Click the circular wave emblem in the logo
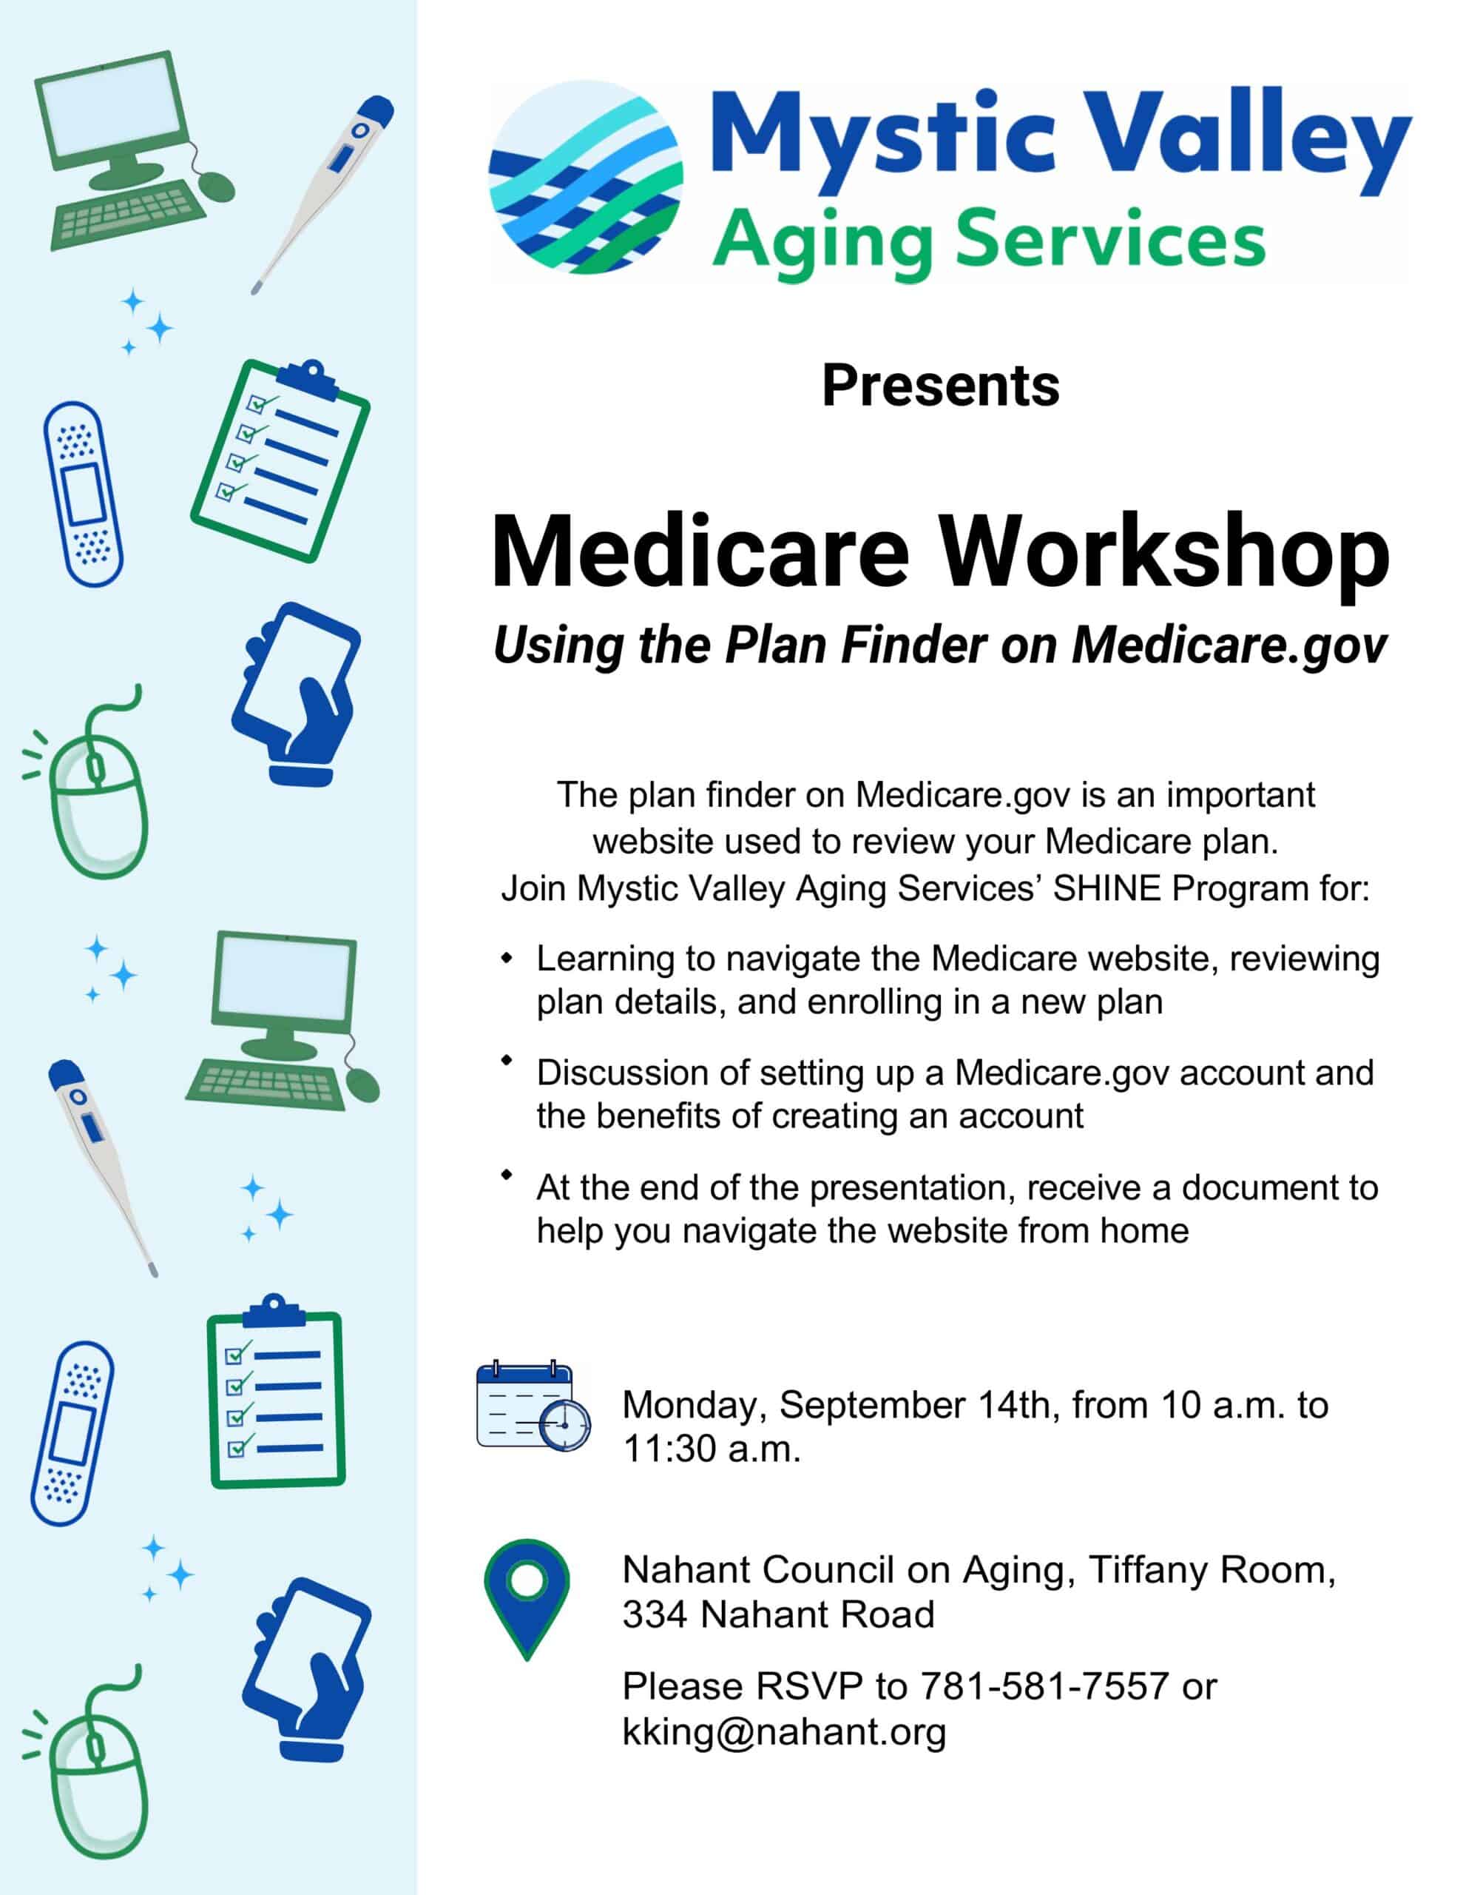[585, 177]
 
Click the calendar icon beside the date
[533, 1406]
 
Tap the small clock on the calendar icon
[564, 1425]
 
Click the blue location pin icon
[527, 1600]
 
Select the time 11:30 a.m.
[711, 1449]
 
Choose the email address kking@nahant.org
[784, 1732]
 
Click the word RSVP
[809, 1686]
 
